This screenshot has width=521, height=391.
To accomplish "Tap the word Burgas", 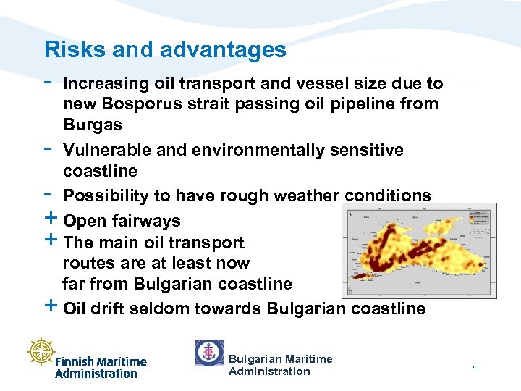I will coord(93,124).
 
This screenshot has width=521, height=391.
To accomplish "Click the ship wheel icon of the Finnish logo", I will coord(43,351).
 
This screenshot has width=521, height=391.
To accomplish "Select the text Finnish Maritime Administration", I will coord(101,367).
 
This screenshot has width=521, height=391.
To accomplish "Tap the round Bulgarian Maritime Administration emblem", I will coord(209,353).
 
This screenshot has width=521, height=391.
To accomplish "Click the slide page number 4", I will coord(473,369).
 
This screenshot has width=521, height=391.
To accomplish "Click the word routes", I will coord(85,263).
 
